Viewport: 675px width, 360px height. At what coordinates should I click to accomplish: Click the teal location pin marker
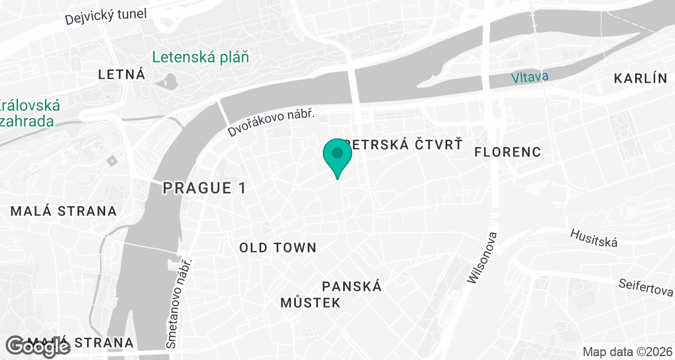click(337, 156)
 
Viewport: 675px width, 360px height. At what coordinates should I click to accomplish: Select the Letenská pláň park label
click(200, 57)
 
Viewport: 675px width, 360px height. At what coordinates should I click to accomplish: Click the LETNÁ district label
click(121, 74)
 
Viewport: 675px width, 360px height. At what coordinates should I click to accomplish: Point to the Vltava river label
click(530, 77)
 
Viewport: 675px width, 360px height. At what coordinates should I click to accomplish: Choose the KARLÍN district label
click(640, 78)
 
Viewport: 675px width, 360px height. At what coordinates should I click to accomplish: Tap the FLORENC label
click(507, 152)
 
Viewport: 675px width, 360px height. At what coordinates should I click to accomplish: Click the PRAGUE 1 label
click(204, 188)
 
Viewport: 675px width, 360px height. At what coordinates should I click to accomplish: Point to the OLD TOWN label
click(278, 247)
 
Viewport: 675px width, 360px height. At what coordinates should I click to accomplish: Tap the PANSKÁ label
click(352, 286)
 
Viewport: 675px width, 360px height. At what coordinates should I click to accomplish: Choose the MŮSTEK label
click(310, 303)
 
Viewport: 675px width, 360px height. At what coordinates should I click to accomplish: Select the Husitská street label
click(594, 238)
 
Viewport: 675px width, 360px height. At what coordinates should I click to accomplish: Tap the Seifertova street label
click(645, 287)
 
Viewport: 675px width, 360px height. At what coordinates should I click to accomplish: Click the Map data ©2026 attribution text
click(627, 352)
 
